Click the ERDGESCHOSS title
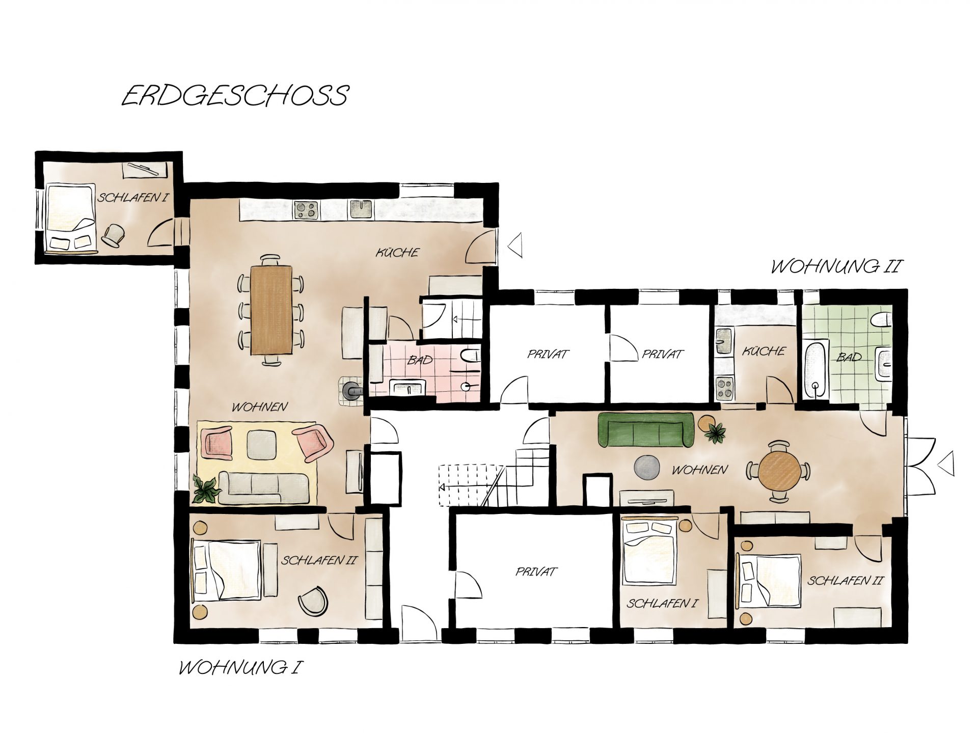point(235,95)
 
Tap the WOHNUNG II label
point(836,267)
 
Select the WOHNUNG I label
point(238,668)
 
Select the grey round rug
point(647,468)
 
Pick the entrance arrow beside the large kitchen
point(515,245)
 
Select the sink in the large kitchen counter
point(361,209)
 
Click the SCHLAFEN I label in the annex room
point(133,198)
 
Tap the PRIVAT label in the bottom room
point(536,572)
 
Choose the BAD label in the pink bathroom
point(420,360)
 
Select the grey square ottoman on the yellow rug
point(261,444)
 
